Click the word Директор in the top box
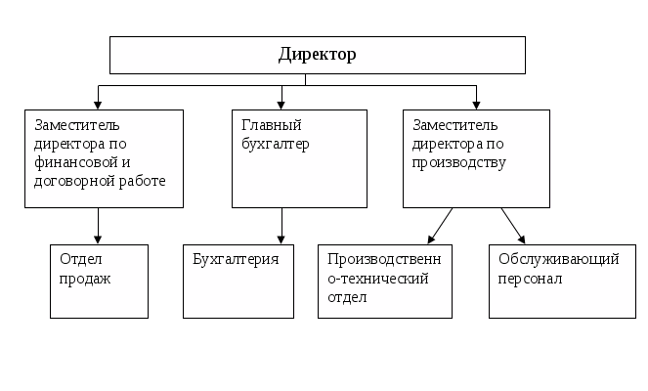(317, 54)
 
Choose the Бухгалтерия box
(238, 281)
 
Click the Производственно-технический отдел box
(385, 281)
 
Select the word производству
(459, 162)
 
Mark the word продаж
(85, 279)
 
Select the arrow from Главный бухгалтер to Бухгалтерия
(281, 225)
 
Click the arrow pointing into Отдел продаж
(99, 226)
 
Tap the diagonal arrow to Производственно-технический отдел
(441, 225)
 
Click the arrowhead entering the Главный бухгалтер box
(282, 102)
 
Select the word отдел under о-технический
(347, 297)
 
